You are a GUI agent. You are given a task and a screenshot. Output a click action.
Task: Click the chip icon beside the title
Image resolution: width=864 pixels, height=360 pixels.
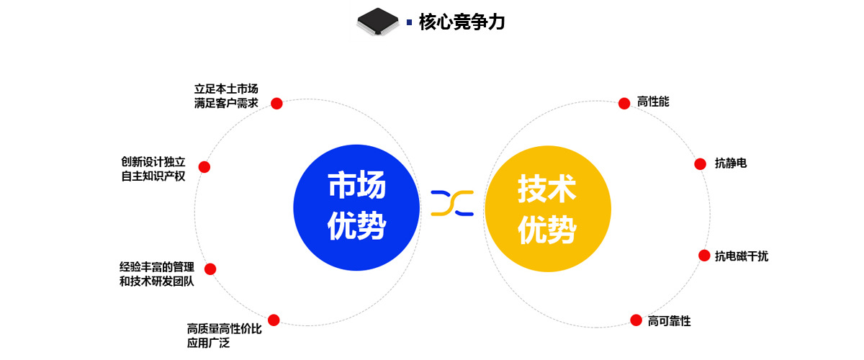click(x=378, y=22)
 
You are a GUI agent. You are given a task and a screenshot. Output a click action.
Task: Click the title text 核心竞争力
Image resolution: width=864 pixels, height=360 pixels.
click(x=462, y=22)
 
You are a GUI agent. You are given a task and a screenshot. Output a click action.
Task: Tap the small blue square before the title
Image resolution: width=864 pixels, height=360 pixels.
click(x=410, y=22)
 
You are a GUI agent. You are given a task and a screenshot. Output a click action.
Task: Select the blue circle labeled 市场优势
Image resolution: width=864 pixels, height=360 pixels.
click(x=356, y=208)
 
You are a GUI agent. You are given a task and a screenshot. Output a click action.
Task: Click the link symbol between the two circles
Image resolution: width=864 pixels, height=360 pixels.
click(x=452, y=203)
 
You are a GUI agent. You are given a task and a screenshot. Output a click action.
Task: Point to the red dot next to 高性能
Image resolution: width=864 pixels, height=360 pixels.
click(x=624, y=104)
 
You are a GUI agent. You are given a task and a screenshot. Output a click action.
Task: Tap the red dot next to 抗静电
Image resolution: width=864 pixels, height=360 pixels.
click(x=700, y=164)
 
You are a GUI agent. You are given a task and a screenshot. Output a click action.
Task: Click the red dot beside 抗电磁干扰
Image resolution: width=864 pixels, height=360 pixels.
click(x=704, y=256)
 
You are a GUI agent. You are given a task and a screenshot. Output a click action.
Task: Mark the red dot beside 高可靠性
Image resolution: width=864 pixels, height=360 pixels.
click(x=636, y=320)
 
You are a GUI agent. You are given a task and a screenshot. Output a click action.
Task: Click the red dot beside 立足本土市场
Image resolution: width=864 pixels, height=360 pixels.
click(x=276, y=104)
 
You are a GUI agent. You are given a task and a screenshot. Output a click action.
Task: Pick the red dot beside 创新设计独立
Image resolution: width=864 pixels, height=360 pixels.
click(x=204, y=167)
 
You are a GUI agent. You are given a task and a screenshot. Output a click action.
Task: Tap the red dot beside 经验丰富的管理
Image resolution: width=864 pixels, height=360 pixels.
click(x=210, y=269)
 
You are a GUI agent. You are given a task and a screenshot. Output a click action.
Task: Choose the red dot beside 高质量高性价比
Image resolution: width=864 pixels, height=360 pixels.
click(x=274, y=320)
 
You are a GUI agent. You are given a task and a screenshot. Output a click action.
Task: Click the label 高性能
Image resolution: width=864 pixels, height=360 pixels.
click(x=653, y=102)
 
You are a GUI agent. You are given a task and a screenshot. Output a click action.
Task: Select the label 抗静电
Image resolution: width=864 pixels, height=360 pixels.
click(x=730, y=163)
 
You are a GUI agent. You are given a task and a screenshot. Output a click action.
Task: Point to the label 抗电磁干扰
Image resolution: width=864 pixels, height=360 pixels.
click(x=741, y=256)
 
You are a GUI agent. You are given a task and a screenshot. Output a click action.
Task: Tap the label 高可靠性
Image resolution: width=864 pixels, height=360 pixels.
click(x=669, y=321)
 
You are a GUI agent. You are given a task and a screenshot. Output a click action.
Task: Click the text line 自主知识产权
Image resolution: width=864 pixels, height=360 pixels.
click(x=153, y=176)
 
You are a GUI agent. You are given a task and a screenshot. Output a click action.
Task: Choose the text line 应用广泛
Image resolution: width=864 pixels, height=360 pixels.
click(x=208, y=343)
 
